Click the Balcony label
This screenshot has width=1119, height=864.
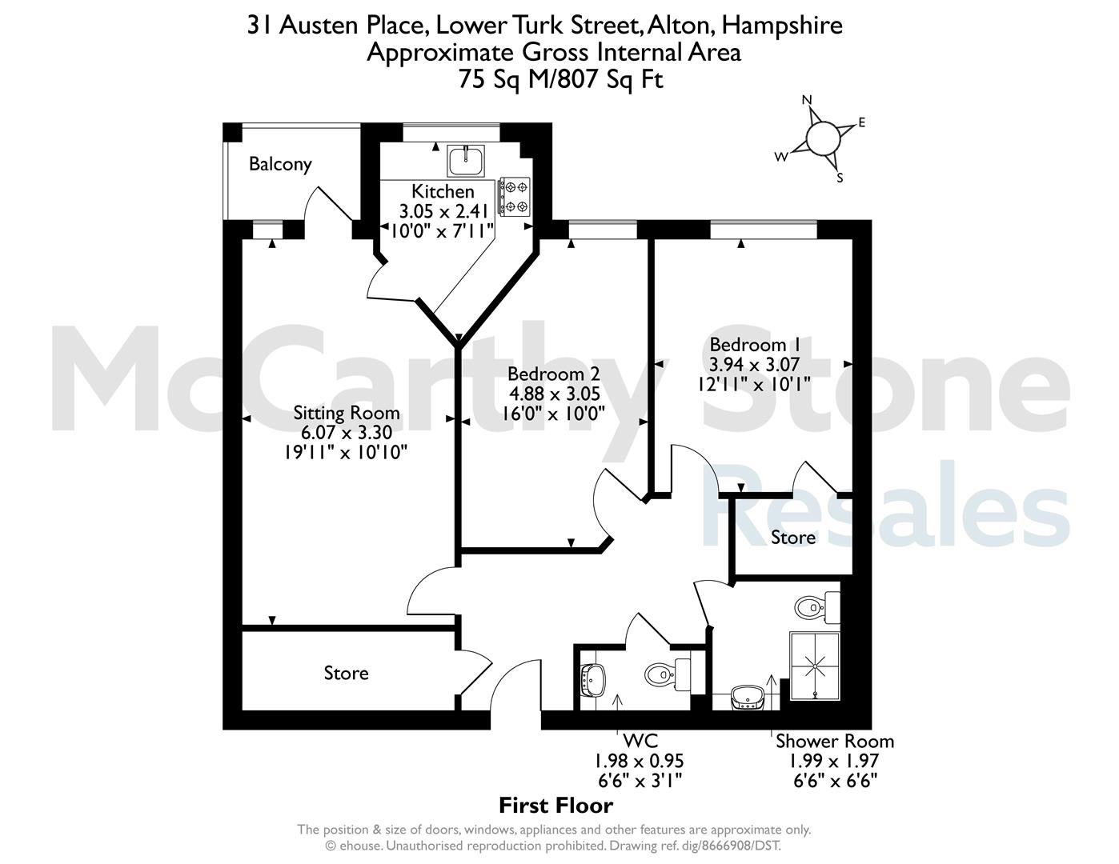point(280,165)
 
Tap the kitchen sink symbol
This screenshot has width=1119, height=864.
point(466,161)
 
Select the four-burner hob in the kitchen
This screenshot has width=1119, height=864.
point(513,196)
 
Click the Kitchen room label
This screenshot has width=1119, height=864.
point(443,191)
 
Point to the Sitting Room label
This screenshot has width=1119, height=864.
point(347,413)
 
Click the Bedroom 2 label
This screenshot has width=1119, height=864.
point(554,374)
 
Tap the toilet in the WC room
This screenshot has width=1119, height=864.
point(667,673)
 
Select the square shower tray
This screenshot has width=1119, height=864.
point(815,666)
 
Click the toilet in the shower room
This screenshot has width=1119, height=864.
point(817,607)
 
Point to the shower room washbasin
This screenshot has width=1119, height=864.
point(748,698)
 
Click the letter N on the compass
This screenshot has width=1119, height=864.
point(807,100)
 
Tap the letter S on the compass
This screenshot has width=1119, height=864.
point(840,178)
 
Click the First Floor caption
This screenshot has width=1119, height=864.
point(556,806)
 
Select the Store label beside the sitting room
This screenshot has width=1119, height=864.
point(346,673)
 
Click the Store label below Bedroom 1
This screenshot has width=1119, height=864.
point(793,538)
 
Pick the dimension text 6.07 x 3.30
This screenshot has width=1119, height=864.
point(347,432)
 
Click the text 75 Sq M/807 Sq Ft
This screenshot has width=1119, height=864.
point(560,80)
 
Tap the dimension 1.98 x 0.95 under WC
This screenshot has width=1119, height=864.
point(639,761)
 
